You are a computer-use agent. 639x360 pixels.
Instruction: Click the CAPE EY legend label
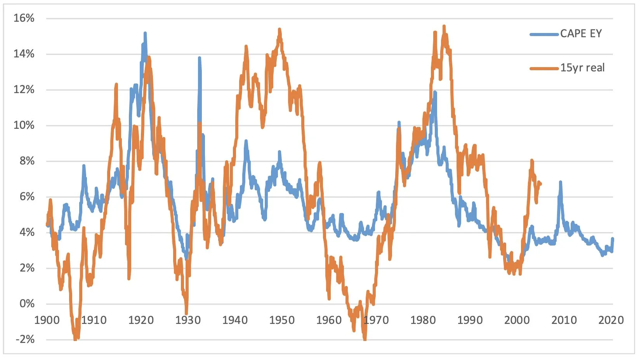[x=581, y=34]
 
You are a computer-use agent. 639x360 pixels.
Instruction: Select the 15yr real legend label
[x=582, y=68]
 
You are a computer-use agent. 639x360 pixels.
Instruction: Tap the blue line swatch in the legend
[x=544, y=34]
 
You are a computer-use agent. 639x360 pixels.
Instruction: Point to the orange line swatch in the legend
[x=544, y=68]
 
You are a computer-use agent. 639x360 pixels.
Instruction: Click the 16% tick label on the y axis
[x=24, y=18]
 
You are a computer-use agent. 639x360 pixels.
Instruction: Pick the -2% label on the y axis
[x=25, y=339]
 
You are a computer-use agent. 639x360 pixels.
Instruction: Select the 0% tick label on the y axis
[x=27, y=303]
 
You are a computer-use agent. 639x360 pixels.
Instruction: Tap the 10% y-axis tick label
[x=24, y=125]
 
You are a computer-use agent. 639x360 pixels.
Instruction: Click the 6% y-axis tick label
[x=27, y=197]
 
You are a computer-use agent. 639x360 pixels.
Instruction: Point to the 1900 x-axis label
[x=47, y=320]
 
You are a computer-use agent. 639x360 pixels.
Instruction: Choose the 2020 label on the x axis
[x=611, y=320]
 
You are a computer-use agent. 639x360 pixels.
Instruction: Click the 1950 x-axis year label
[x=282, y=320]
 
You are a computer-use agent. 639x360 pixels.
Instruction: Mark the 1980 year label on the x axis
[x=423, y=320]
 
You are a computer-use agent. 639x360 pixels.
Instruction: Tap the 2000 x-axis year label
[x=517, y=320]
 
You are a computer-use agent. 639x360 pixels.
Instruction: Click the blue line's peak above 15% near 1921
[x=145, y=33]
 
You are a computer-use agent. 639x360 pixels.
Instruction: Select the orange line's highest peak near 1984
[x=444, y=26]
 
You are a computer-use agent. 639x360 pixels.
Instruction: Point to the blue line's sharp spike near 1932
[x=200, y=58]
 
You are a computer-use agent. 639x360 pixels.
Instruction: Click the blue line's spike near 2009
[x=560, y=182]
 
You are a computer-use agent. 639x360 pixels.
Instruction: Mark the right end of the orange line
[x=541, y=184]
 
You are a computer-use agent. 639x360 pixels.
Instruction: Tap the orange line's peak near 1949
[x=280, y=29]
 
